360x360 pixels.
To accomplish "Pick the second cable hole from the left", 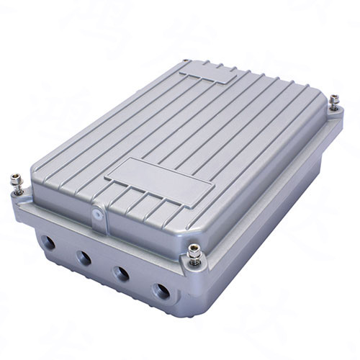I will point(84,257).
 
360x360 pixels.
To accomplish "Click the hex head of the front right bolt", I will point(194,248).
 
